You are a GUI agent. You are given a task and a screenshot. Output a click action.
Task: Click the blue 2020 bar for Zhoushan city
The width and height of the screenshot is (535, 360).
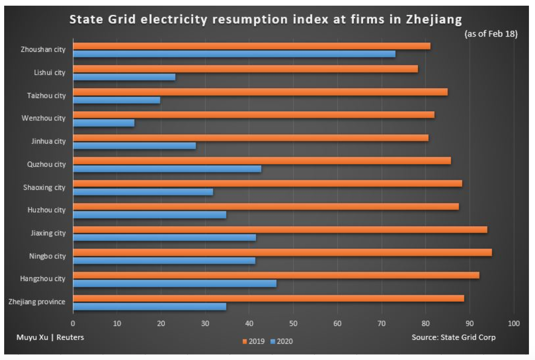[x=234, y=54]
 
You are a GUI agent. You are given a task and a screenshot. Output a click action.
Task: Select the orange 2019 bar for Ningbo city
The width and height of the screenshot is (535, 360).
[x=282, y=253]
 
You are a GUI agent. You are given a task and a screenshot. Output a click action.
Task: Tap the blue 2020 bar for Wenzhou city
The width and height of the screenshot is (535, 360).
[x=104, y=123]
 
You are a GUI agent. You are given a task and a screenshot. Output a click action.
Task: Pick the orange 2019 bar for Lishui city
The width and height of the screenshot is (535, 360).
[x=245, y=69]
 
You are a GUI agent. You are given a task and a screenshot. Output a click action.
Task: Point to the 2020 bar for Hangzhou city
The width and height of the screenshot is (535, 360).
[x=174, y=284]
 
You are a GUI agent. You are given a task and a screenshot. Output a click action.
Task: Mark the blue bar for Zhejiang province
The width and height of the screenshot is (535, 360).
[x=149, y=307]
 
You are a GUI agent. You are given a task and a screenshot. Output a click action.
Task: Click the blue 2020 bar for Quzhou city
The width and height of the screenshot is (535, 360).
[x=167, y=169]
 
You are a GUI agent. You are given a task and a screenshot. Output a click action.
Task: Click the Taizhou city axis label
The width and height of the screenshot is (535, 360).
[x=46, y=96]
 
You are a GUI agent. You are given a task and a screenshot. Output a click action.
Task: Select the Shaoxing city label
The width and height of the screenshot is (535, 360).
[x=44, y=188]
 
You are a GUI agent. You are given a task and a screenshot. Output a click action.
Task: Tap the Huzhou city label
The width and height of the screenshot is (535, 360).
[x=46, y=210]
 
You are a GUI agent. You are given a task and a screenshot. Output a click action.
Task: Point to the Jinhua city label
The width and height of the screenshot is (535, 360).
[x=48, y=141]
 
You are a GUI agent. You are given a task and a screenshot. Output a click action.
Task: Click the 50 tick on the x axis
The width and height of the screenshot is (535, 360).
[x=293, y=324]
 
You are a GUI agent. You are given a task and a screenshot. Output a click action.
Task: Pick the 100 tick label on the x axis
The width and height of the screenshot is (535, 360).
[x=513, y=324]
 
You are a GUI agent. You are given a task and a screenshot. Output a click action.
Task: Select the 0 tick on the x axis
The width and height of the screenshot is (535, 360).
[x=73, y=324]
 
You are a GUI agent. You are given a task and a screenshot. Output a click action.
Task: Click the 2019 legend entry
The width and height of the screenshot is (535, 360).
[x=254, y=341]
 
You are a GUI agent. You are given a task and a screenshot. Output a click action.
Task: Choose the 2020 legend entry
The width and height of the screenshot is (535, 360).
[x=282, y=341]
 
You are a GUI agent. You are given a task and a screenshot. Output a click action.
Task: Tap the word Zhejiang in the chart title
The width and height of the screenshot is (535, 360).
[x=434, y=19]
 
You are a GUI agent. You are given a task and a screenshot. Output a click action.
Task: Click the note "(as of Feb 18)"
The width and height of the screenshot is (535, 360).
[x=491, y=34]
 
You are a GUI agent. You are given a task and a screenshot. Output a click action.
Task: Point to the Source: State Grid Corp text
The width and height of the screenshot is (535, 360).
[x=453, y=337]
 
